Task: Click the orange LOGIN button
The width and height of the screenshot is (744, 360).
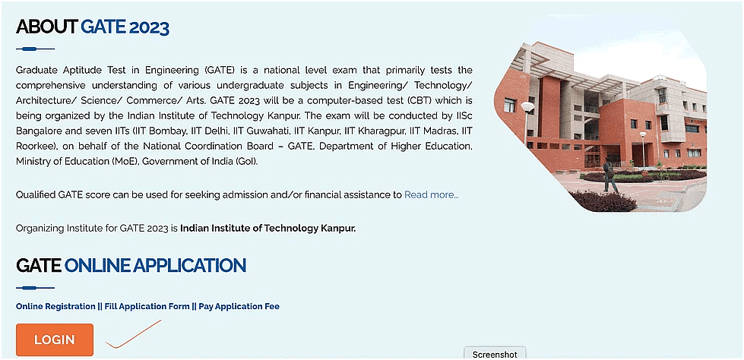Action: pos(55,339)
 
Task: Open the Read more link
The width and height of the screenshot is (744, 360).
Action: pos(431,195)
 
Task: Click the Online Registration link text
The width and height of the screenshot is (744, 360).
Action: pos(55,307)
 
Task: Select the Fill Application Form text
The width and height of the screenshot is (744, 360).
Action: pos(147,307)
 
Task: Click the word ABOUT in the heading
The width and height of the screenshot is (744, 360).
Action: pos(46,28)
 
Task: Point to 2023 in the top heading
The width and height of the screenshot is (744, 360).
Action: pos(149,28)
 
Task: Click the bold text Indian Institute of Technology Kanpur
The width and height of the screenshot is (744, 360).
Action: pos(268,228)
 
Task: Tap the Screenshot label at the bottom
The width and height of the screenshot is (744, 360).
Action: pos(495,355)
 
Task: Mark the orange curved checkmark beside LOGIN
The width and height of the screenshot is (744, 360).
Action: pos(133,335)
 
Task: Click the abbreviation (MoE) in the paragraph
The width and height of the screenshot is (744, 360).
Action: pos(124,162)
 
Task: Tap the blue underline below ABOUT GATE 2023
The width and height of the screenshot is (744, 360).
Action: pos(35,49)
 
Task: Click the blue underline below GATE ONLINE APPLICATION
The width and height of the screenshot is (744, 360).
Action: pos(35,288)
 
